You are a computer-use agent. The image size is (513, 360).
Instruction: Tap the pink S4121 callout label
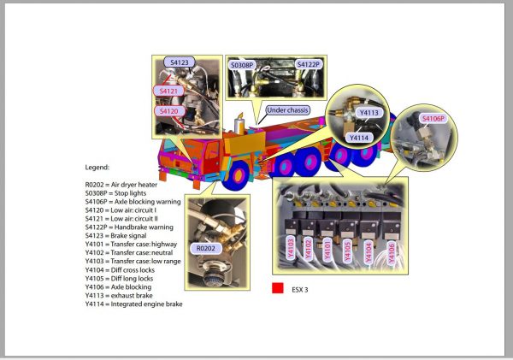click(x=168, y=91)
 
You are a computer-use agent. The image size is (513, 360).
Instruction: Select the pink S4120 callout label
click(x=168, y=111)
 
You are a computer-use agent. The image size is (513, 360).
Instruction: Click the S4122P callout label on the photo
click(x=308, y=64)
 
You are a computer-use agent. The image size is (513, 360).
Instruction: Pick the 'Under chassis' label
click(x=286, y=110)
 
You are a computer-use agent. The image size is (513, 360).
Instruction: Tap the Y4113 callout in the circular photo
click(x=369, y=111)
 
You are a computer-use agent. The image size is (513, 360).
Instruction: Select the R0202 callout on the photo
click(x=208, y=248)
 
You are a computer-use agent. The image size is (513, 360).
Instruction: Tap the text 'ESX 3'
click(x=299, y=290)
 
